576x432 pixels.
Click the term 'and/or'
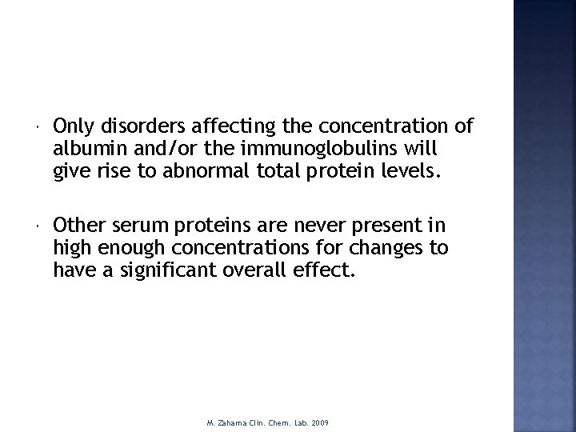pos(149,150)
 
